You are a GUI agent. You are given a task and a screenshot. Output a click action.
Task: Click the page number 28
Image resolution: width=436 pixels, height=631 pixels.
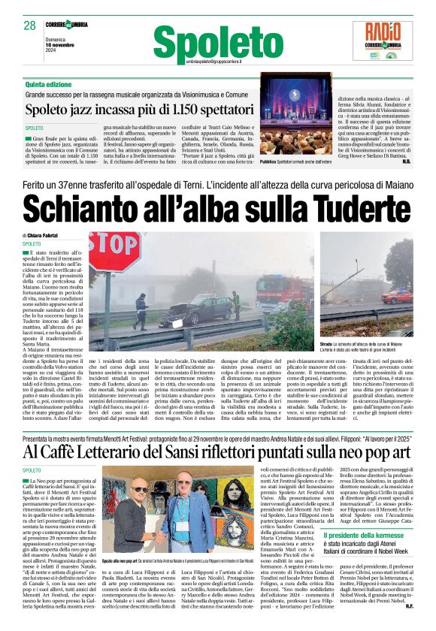pos(30,26)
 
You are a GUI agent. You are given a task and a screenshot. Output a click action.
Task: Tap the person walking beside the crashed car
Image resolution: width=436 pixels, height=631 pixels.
pos(141,309)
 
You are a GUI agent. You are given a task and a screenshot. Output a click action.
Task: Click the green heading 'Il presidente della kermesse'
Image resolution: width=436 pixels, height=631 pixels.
pos(362,535)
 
